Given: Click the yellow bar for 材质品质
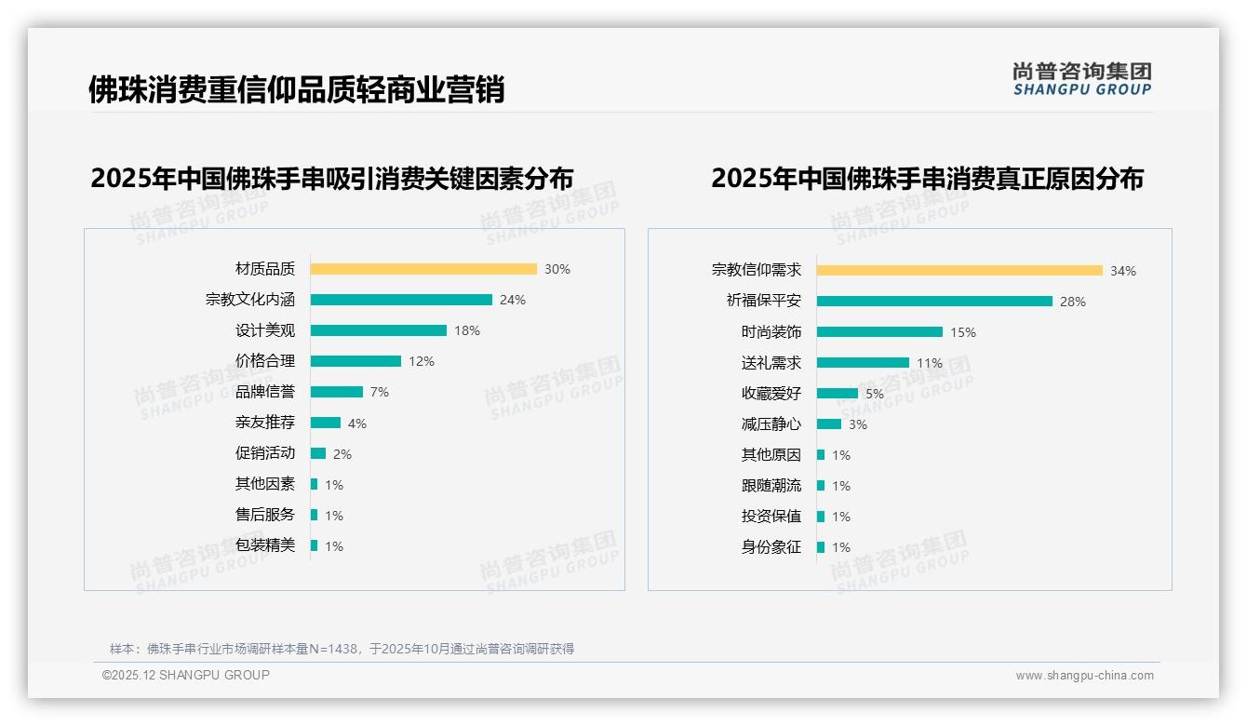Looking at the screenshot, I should coord(423,269).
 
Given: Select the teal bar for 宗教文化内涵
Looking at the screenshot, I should coord(401,300).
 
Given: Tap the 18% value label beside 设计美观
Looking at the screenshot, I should coord(466,330).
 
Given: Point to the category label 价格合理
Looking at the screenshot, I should coord(264,361).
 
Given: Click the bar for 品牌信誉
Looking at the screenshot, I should coord(336,392).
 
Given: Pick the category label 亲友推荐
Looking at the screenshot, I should coord(264,423).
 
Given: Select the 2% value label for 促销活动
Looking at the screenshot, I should coord(342,454).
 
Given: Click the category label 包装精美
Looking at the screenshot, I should coord(264,545).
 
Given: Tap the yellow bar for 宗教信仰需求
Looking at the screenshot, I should coord(959,271).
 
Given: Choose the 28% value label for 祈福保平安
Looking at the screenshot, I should coord(1072,302).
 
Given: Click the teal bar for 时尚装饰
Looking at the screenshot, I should coord(879,332).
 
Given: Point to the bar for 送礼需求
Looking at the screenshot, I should coord(863,363).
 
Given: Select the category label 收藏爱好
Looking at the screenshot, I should coord(771,394).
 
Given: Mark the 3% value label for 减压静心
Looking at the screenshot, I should coord(857,424).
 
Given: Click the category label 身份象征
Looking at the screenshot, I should coord(771,547).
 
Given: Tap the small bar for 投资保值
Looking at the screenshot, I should coord(821,517).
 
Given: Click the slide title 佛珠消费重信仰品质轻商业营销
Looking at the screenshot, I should coord(296,89).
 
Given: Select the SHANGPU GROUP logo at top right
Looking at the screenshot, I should coord(1081,79).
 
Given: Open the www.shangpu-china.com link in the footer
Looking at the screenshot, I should coord(1084,676).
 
